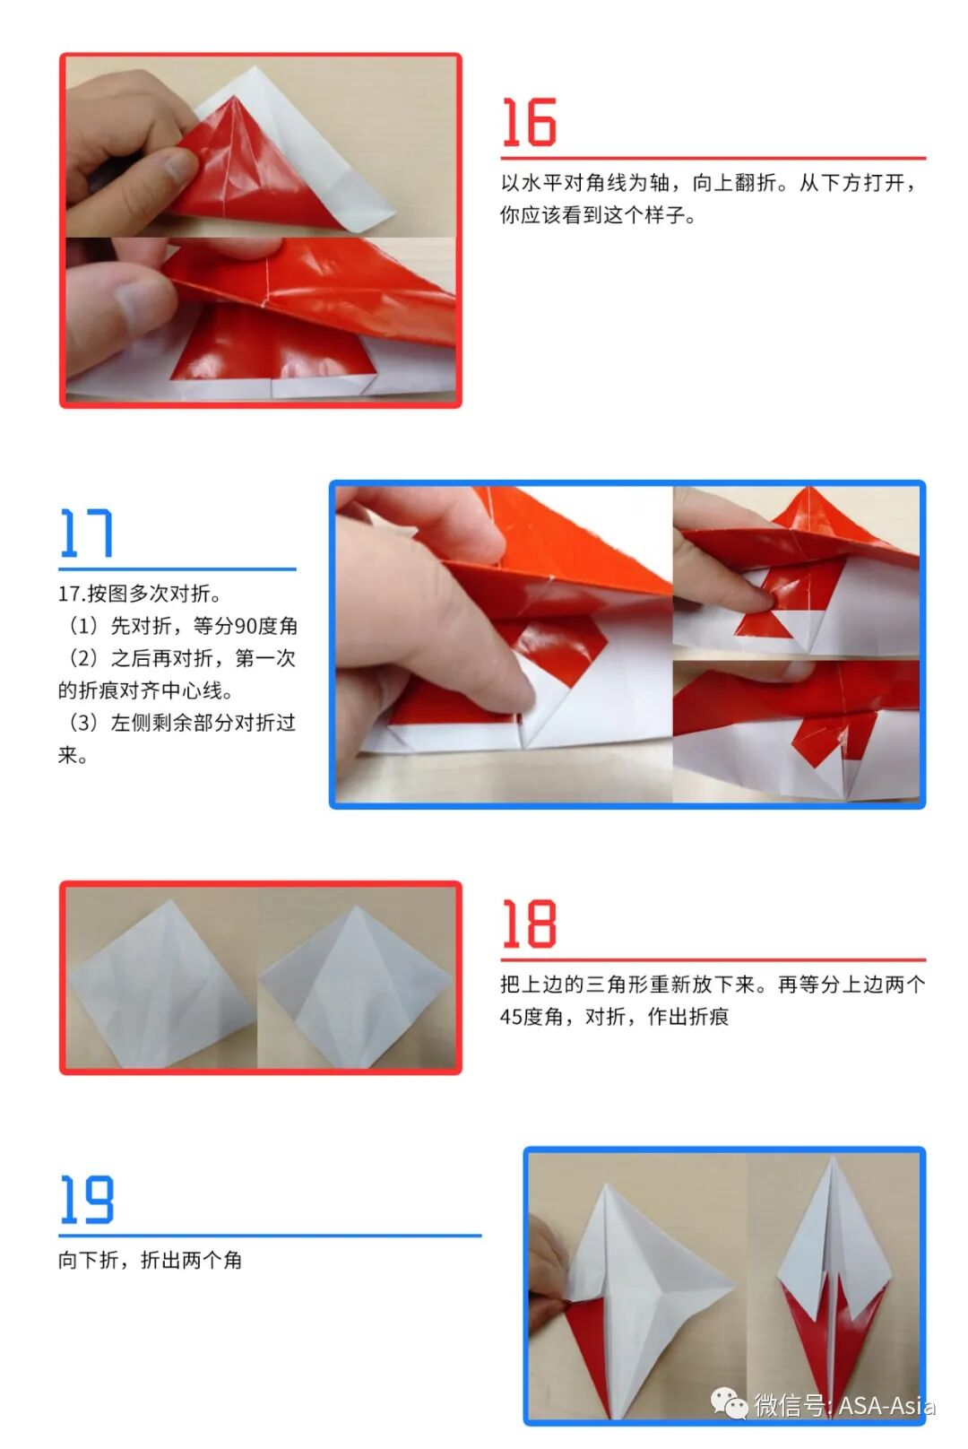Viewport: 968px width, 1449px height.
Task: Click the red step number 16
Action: tap(529, 123)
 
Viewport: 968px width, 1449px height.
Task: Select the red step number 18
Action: tap(529, 924)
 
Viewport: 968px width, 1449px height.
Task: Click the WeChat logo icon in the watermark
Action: tap(729, 1404)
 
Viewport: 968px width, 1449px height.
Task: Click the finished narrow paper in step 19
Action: tap(834, 1282)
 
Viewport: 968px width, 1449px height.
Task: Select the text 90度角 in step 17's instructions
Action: tap(265, 626)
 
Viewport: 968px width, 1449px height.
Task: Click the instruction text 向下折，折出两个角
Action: tap(150, 1260)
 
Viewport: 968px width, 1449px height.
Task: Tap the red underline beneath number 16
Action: tap(713, 158)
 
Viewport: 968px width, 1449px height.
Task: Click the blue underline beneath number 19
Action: tap(269, 1236)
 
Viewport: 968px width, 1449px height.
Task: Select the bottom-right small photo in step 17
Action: tap(796, 731)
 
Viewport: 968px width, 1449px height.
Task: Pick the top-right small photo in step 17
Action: tap(796, 570)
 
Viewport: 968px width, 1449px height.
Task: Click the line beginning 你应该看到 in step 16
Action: tap(598, 215)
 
